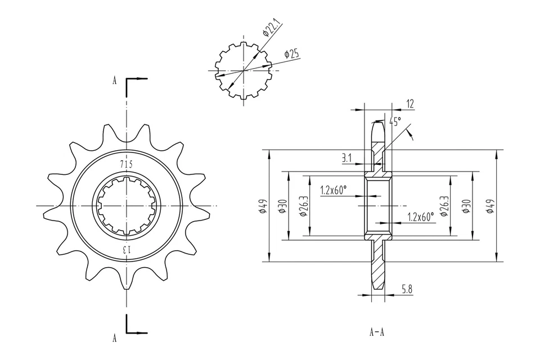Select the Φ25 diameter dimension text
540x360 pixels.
click(x=292, y=54)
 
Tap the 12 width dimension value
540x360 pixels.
click(x=409, y=103)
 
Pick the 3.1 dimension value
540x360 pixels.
click(x=346, y=159)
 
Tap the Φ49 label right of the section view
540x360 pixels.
click(x=490, y=206)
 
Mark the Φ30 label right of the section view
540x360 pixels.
click(x=466, y=206)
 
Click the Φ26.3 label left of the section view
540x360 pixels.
click(x=304, y=206)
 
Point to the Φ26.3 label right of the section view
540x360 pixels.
click(x=445, y=206)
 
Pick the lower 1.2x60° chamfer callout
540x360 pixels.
click(x=421, y=217)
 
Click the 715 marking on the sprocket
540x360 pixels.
click(x=127, y=164)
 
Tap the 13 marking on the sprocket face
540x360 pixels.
click(x=127, y=249)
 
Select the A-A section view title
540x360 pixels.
click(x=377, y=331)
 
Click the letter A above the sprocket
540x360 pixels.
click(x=115, y=80)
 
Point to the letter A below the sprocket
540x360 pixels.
click(x=115, y=338)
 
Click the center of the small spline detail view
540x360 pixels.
click(x=243, y=71)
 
